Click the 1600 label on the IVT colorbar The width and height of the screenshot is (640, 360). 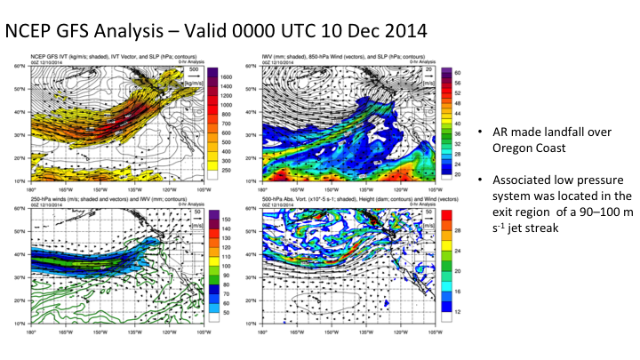click(226, 78)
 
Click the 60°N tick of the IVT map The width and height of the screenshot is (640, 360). click(18, 67)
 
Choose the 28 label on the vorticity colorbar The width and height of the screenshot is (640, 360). click(460, 230)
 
